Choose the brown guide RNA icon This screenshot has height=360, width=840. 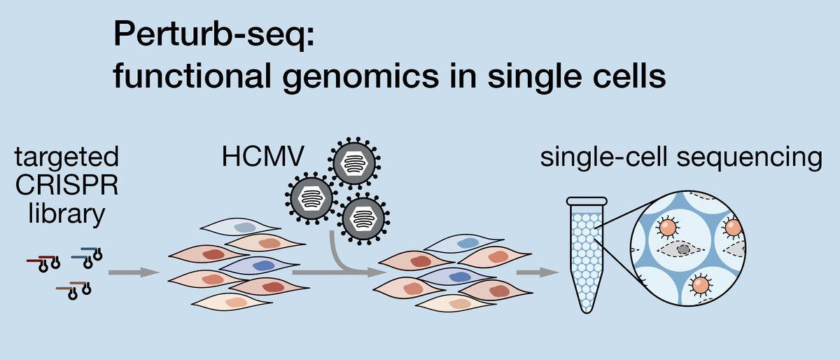pos(73,289)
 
